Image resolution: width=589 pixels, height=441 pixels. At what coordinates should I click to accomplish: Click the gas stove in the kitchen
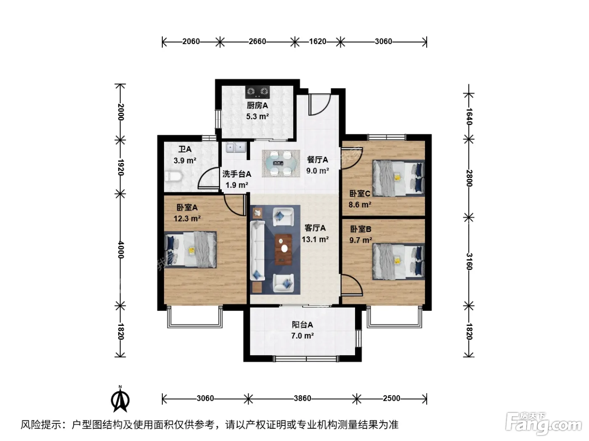tap(257, 92)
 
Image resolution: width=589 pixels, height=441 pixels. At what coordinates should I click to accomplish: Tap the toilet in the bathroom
tap(173, 176)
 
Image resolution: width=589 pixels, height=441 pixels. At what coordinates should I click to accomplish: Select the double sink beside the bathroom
tap(236, 147)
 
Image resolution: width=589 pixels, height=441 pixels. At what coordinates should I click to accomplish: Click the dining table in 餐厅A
tap(281, 163)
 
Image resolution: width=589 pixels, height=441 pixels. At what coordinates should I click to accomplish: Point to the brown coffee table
tap(284, 249)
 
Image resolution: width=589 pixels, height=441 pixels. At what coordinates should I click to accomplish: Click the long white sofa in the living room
tap(257, 250)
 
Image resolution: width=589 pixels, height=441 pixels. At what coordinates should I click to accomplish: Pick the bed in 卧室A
tap(190, 249)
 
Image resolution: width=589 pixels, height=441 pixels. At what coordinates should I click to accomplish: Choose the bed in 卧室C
tap(398, 178)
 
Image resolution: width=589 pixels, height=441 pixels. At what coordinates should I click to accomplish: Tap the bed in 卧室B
tap(398, 261)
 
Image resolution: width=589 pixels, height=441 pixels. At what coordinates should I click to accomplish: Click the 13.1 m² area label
tap(315, 239)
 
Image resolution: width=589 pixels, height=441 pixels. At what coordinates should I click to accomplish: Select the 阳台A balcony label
tap(302, 325)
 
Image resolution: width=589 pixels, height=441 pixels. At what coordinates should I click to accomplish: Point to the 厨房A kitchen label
tap(257, 105)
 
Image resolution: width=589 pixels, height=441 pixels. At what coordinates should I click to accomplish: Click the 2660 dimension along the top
tap(257, 42)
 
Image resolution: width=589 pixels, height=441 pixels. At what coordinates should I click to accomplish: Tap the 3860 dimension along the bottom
tap(302, 399)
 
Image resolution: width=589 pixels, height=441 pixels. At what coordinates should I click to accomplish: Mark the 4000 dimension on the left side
tap(121, 250)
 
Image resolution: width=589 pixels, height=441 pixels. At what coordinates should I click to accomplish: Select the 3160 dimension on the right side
tap(469, 261)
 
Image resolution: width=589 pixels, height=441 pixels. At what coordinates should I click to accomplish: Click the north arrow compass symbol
tap(120, 399)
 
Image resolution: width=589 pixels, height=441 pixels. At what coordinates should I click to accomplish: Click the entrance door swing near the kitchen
tap(319, 105)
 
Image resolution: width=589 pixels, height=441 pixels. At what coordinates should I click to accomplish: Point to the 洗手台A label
tap(237, 174)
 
